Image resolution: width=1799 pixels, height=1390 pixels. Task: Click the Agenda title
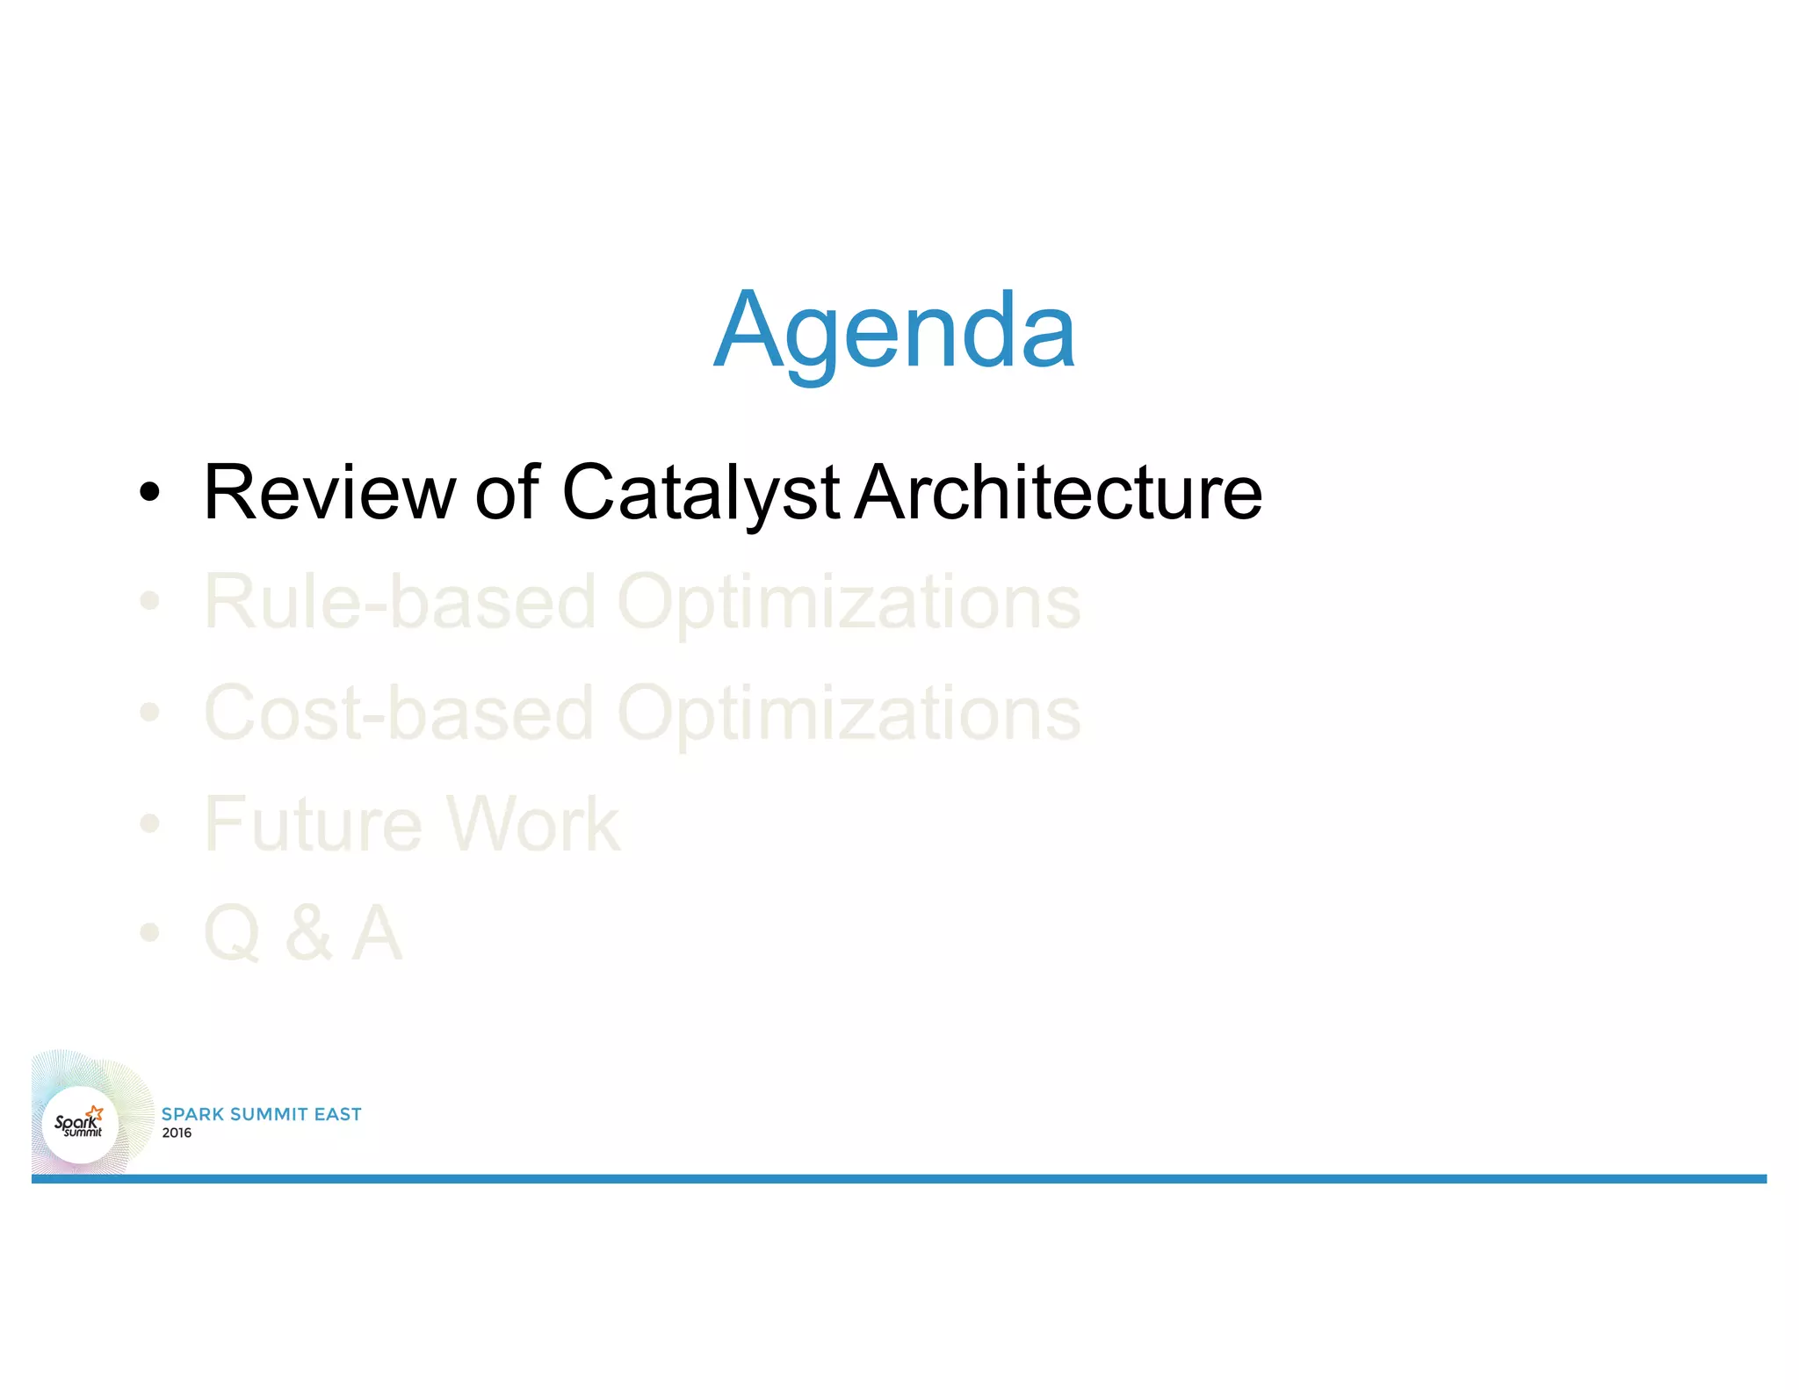894,330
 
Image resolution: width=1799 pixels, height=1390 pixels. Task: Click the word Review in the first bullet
329,493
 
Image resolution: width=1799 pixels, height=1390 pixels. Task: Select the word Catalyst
700,493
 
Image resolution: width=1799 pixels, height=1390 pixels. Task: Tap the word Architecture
1058,493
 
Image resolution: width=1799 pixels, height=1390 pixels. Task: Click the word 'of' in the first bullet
507,493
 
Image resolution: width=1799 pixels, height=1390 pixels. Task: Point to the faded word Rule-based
400,603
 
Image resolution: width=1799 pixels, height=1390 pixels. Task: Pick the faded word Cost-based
400,713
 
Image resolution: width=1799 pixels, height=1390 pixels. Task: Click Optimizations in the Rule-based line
849,603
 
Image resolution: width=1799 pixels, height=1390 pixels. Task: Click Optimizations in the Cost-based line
849,713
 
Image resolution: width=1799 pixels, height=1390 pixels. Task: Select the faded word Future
314,824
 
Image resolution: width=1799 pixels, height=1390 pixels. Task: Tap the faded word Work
532,824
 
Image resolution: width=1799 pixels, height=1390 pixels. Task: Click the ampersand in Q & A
308,933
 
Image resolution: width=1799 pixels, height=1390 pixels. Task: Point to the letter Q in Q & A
232,933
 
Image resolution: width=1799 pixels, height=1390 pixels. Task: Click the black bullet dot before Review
150,493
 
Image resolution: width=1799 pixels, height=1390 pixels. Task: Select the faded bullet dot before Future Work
150,824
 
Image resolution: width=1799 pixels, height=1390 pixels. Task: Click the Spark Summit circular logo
80,1124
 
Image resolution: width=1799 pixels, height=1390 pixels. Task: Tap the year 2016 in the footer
177,1133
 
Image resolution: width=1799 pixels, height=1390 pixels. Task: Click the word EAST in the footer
338,1114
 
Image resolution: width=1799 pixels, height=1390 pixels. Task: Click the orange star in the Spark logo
96,1113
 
